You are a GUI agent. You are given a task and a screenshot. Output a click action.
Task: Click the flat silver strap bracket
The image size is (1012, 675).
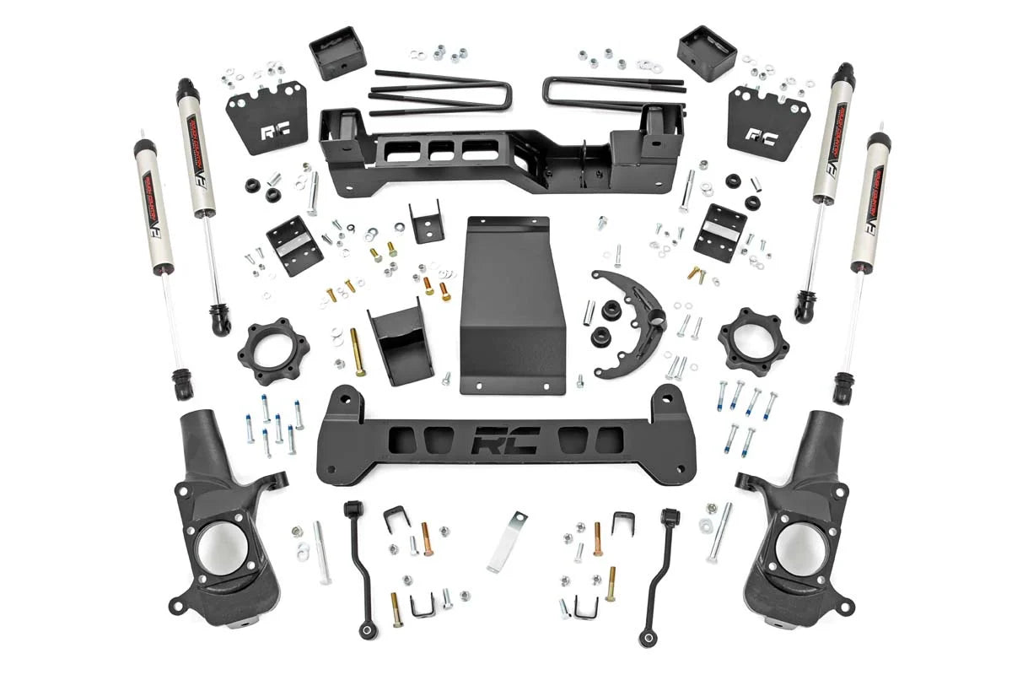507,541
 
